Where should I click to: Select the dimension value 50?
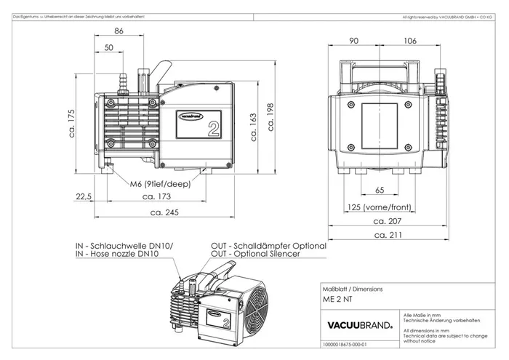pyautogui.click(x=108, y=47)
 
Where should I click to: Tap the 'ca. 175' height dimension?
pyautogui.click(x=71, y=120)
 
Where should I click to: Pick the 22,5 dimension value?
pyautogui.click(x=84, y=196)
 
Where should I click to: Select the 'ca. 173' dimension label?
pyautogui.click(x=157, y=196)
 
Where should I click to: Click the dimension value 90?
pyautogui.click(x=355, y=41)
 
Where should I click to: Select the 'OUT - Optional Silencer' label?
pyautogui.click(x=257, y=253)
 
